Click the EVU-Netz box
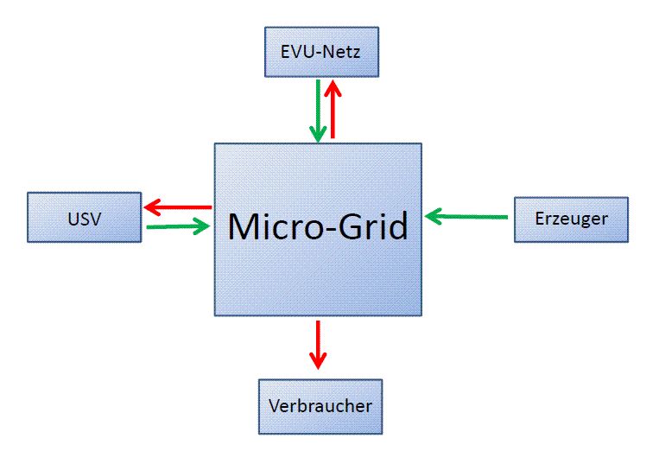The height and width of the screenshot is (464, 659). point(320,52)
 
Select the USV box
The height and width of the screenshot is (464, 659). point(84,218)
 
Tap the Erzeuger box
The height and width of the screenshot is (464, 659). point(571,219)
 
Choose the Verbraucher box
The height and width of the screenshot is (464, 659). point(320,405)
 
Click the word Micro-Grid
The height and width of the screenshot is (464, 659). point(317,226)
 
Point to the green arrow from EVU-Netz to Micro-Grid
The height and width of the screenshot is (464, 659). point(319,110)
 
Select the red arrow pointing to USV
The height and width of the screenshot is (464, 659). point(178,207)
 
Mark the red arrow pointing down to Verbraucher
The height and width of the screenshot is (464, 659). point(318,344)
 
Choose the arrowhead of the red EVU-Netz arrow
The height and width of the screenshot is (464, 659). point(333,86)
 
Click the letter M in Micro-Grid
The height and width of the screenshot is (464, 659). point(245,226)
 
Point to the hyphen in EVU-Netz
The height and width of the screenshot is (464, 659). point(316,53)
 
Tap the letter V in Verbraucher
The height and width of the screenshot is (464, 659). point(274,405)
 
